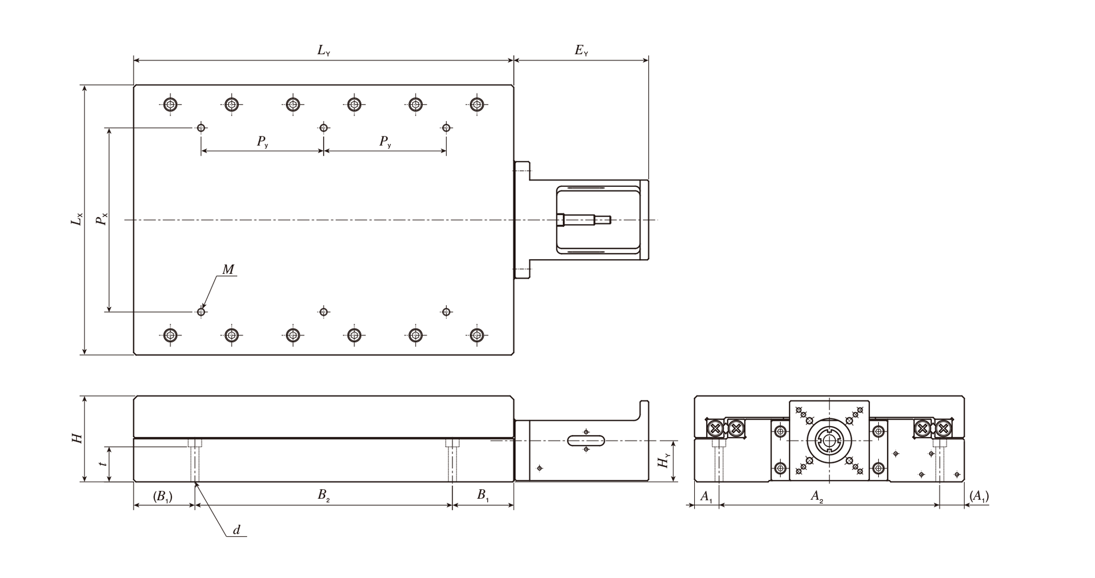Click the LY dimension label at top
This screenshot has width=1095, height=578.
pos(324,51)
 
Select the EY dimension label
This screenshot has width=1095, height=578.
pos(581,51)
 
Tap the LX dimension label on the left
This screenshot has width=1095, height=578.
pos(77,219)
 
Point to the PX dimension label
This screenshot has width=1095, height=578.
pos(101,219)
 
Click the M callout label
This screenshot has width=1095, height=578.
pos(228,269)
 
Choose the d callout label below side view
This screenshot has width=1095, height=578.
pos(237,530)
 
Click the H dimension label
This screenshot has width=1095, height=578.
pos(77,438)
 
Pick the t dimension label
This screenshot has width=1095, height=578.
pos(103,463)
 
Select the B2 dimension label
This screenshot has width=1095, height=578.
pos(324,496)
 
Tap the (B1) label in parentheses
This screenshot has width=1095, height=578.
pos(163,496)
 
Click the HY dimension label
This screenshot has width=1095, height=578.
pos(664,461)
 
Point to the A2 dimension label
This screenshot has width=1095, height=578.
pos(817,496)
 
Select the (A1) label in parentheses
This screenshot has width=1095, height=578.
pos(979,496)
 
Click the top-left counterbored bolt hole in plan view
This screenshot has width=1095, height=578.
pos(171,104)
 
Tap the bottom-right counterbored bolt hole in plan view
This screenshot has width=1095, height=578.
pos(477,335)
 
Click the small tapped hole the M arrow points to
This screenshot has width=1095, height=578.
pos(201,312)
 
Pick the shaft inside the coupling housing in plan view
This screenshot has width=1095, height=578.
pos(584,220)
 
